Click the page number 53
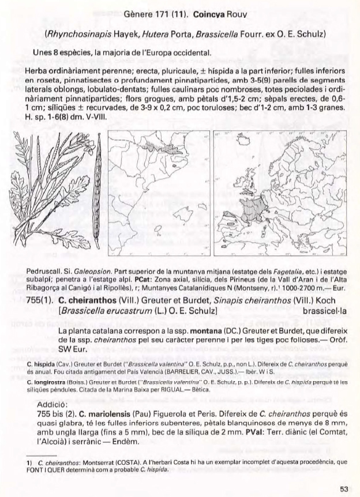click(x=344, y=489)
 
